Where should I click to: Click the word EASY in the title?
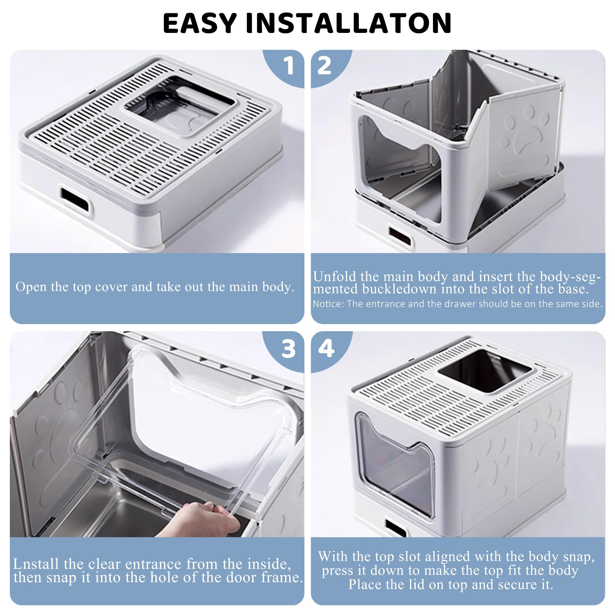point(200,23)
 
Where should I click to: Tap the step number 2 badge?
point(324,66)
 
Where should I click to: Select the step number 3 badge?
point(288,349)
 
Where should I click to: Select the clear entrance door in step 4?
point(395,465)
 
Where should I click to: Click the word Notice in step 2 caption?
point(328,304)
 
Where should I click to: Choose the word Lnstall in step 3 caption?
point(36,564)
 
